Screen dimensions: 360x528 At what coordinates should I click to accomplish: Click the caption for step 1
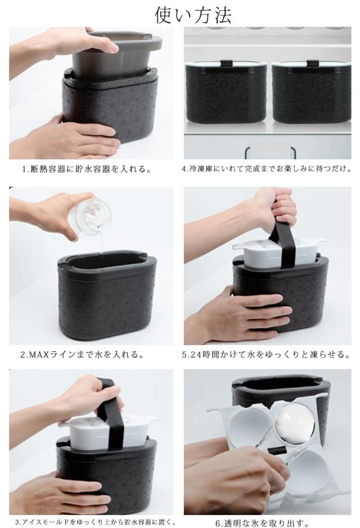(87, 169)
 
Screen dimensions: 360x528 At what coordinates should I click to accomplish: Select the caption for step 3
(92, 522)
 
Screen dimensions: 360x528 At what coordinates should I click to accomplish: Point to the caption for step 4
(267, 169)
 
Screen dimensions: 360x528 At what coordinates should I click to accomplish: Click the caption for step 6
(262, 523)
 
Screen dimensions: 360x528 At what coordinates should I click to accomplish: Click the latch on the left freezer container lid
(226, 63)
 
